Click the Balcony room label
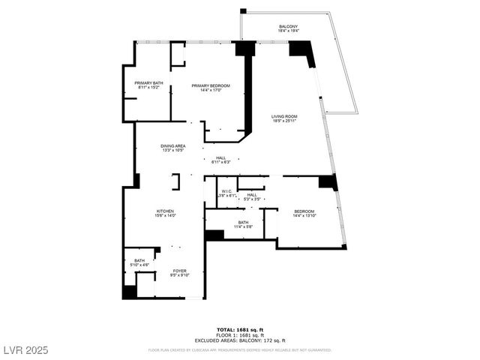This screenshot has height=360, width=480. coord(288,27)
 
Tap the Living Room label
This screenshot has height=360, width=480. coord(285,116)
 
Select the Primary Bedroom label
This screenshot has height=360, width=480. coord(210,85)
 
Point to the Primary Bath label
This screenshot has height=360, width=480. coord(148,82)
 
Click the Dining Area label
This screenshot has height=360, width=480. coord(173,145)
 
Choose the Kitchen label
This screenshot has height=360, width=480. coord(165,211)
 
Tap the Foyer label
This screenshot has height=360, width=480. coord(180,271)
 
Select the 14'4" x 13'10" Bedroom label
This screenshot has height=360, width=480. coord(304,211)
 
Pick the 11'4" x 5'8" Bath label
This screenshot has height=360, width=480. coord(243,222)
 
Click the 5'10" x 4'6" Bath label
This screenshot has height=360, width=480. coord(140,260)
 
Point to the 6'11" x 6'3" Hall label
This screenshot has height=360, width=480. coord(221,157)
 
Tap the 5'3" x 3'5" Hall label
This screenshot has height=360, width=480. coord(253,195)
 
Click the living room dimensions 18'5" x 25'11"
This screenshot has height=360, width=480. coord(285,121)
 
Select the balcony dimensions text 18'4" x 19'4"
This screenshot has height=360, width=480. coord(288,32)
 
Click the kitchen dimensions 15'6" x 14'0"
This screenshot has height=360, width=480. coord(165,216)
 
